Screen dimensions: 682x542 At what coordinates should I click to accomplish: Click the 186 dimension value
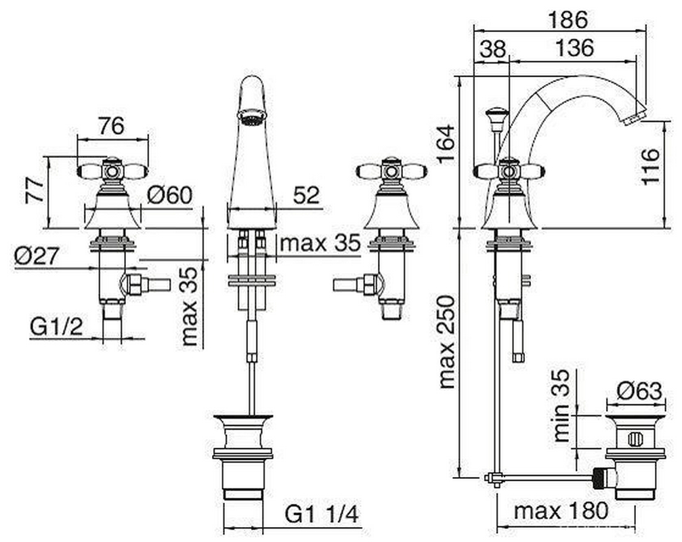567,20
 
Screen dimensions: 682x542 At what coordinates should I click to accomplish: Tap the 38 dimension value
493,49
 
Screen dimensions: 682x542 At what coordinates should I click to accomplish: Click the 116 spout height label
650,167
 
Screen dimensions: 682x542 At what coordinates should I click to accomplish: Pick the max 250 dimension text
447,342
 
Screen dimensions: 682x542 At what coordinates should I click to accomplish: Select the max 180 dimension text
561,511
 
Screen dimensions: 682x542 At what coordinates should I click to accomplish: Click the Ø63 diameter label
639,391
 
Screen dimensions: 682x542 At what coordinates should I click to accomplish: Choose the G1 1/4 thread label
322,514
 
